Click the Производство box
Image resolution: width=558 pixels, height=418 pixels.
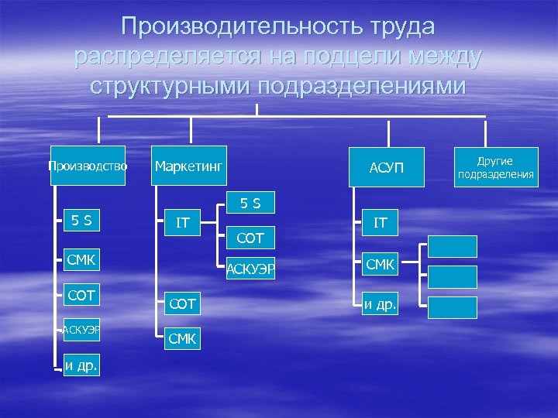coord(88,166)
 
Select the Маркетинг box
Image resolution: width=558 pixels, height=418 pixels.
coord(189,166)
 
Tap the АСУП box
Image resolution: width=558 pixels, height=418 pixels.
coord(387,166)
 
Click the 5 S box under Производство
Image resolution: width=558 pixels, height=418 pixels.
coord(81,221)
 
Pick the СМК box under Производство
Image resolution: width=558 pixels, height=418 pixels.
coord(81,259)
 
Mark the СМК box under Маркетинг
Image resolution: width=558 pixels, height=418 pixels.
coord(183,338)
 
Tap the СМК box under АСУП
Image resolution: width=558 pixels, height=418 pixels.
coord(381,265)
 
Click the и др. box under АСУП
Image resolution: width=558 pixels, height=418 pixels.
coord(381,303)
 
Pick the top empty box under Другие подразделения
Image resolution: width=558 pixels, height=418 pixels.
coord(453,245)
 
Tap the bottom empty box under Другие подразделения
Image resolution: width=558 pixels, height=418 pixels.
coord(453,307)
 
